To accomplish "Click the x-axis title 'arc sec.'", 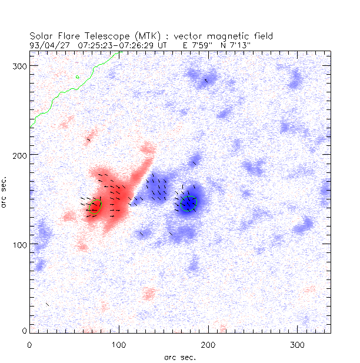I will tap(180, 357).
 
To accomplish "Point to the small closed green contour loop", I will tap(78, 76).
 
